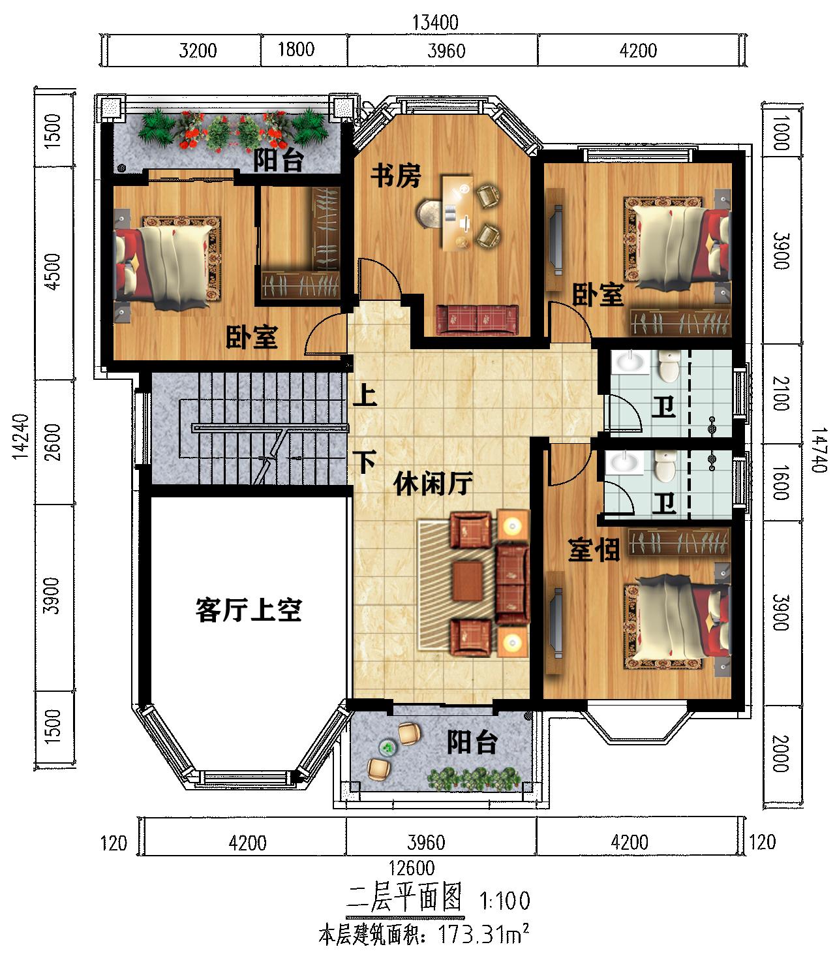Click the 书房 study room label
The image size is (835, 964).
(396, 176)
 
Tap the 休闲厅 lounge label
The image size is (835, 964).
(433, 483)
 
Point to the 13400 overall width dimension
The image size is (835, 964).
(435, 22)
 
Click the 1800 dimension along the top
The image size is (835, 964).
(296, 50)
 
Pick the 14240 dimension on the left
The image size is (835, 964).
(21, 437)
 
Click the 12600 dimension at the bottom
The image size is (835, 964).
(411, 868)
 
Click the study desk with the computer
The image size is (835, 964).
(457, 213)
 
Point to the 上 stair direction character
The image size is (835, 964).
(365, 395)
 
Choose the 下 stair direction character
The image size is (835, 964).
(365, 461)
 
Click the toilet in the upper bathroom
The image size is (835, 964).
(669, 366)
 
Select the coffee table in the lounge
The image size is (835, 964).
(468, 581)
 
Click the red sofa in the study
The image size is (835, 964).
(477, 319)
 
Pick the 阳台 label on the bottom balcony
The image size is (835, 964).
(472, 742)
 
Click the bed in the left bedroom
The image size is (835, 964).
(167, 262)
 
